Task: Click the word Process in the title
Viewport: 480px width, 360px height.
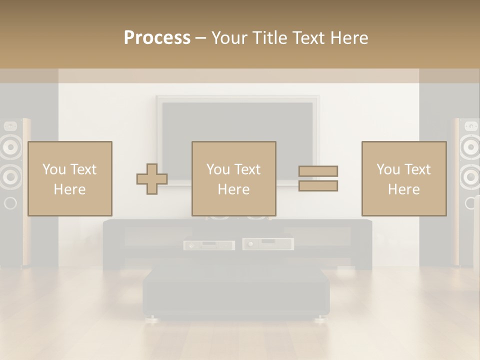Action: tap(157, 38)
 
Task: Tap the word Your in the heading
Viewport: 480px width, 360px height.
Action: tap(229, 38)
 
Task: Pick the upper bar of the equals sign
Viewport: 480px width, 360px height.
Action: tap(318, 171)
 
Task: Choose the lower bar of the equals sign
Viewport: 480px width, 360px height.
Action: tap(318, 186)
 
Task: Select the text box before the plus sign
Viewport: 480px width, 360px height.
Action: tap(69, 178)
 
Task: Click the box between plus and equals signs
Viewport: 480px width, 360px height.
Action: tap(233, 178)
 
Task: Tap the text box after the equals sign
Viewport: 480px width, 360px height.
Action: tap(403, 178)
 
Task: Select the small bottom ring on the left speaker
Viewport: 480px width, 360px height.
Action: tap(10, 203)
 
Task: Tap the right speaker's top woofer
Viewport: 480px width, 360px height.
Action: tap(470, 147)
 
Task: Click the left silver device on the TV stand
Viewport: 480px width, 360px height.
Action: tap(208, 245)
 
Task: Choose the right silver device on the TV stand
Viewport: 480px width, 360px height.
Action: tap(268, 244)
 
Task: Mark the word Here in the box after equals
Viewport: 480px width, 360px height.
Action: tap(403, 189)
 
